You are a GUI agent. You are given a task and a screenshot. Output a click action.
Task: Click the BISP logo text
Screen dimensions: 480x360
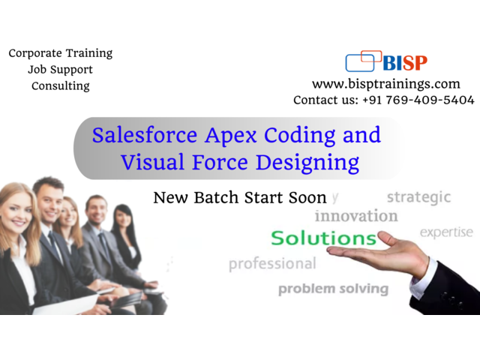click(x=405, y=63)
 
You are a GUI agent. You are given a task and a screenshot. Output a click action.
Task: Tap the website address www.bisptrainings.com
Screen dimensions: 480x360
click(x=386, y=84)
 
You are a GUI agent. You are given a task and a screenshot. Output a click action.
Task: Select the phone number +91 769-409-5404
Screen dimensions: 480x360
click(x=418, y=100)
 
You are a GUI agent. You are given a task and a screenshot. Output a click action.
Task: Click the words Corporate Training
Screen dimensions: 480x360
click(x=61, y=53)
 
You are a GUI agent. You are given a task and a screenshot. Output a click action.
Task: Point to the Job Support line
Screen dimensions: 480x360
click(x=60, y=70)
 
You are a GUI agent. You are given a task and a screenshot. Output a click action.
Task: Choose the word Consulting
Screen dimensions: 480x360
click(x=61, y=86)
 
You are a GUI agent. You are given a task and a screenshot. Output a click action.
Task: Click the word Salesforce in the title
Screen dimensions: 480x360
click(x=145, y=135)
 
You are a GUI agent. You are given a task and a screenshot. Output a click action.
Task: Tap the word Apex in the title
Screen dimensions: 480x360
click(x=231, y=136)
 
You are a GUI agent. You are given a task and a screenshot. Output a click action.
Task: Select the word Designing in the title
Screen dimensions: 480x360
click(x=307, y=163)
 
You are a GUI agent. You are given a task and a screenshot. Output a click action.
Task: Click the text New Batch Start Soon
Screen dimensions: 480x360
click(x=240, y=197)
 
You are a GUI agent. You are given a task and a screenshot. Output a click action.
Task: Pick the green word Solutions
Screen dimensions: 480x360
click(x=323, y=238)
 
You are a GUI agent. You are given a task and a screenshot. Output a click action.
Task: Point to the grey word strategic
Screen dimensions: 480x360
click(x=418, y=197)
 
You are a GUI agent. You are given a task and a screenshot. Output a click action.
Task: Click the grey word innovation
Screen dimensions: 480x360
click(x=356, y=216)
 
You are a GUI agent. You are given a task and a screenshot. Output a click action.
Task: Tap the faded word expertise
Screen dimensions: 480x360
click(x=446, y=232)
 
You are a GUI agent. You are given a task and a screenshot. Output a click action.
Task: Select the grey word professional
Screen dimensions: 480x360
click(x=272, y=264)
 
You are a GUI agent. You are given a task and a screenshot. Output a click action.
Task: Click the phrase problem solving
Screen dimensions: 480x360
click(x=333, y=289)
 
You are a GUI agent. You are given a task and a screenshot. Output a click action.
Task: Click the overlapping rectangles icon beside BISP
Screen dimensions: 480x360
click(x=363, y=61)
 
